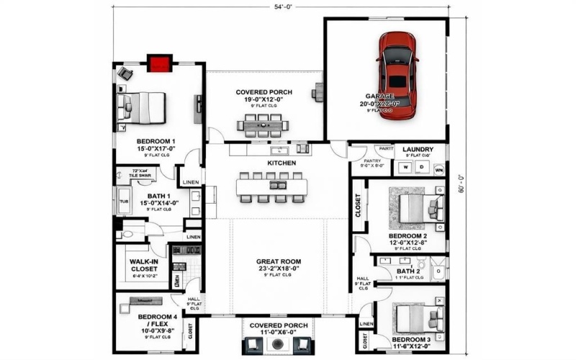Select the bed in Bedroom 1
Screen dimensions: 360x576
(x=147, y=107)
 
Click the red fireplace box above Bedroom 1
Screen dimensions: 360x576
(x=158, y=63)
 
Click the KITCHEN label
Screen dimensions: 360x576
(x=282, y=163)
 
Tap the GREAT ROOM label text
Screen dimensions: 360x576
(x=278, y=261)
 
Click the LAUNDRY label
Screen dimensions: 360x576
(x=418, y=148)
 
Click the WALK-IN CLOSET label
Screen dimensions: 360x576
(x=144, y=265)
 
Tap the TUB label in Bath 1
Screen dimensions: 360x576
(x=123, y=202)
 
